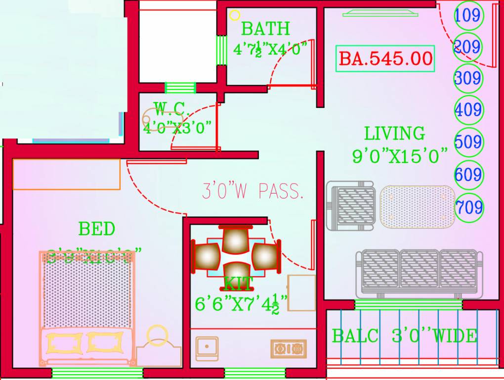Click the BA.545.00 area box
pyautogui.click(x=385, y=58)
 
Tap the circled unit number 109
pyautogui.click(x=467, y=15)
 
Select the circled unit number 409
pyautogui.click(x=467, y=109)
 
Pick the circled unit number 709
pyautogui.click(x=469, y=206)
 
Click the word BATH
pyautogui.click(x=265, y=29)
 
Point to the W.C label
pyautogui.click(x=169, y=107)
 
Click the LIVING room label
pyautogui.click(x=394, y=134)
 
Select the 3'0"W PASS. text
pyautogui.click(x=252, y=191)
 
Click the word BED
pyautogui.click(x=97, y=229)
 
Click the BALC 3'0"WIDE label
pyautogui.click(x=405, y=336)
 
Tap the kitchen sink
pyautogui.click(x=207, y=348)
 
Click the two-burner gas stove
pyautogui.click(x=288, y=348)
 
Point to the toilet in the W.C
pyautogui.click(x=153, y=118)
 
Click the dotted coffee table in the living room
pyautogui.click(x=418, y=206)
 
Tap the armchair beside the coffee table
pyautogui.click(x=350, y=206)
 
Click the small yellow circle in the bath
pyautogui.click(x=235, y=15)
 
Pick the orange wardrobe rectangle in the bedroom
pyautogui.click(x=66, y=174)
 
